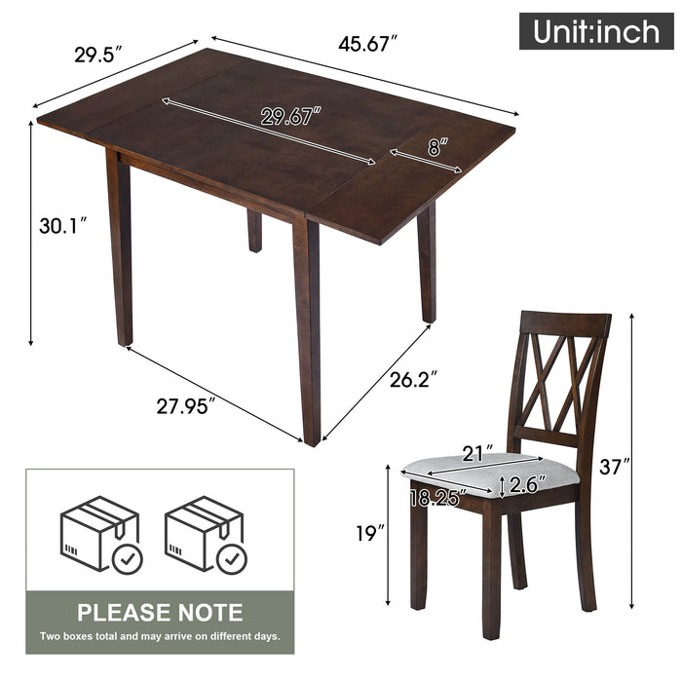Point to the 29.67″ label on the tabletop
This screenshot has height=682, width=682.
290,117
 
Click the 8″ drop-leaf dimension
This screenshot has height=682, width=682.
436,148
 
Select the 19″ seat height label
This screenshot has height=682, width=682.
368,532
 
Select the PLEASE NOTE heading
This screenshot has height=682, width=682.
160,612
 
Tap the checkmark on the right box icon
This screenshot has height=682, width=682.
231,558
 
